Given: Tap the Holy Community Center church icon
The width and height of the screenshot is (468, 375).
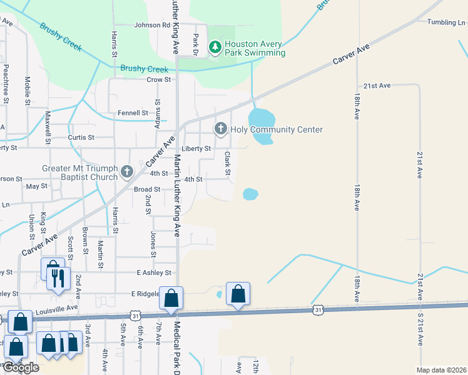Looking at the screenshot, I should point(220,129).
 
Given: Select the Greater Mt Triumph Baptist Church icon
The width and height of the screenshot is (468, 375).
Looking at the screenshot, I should point(127,172).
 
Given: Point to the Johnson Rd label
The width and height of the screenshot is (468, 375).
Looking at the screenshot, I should point(151,26).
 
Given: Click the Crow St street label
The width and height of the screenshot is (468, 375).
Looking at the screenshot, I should point(158,80).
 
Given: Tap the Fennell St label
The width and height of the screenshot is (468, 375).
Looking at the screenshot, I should point(133,113).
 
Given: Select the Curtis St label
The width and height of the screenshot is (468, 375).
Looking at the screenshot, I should point(81,137).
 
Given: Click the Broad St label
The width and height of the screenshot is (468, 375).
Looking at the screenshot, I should point(147,189).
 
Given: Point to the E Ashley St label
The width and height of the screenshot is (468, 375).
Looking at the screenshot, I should point(153,272).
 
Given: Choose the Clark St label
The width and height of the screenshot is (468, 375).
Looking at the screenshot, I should point(228,163).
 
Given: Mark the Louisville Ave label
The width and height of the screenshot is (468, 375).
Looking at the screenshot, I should point(58,307).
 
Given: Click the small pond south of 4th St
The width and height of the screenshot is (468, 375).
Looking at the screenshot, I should point(250,194).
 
